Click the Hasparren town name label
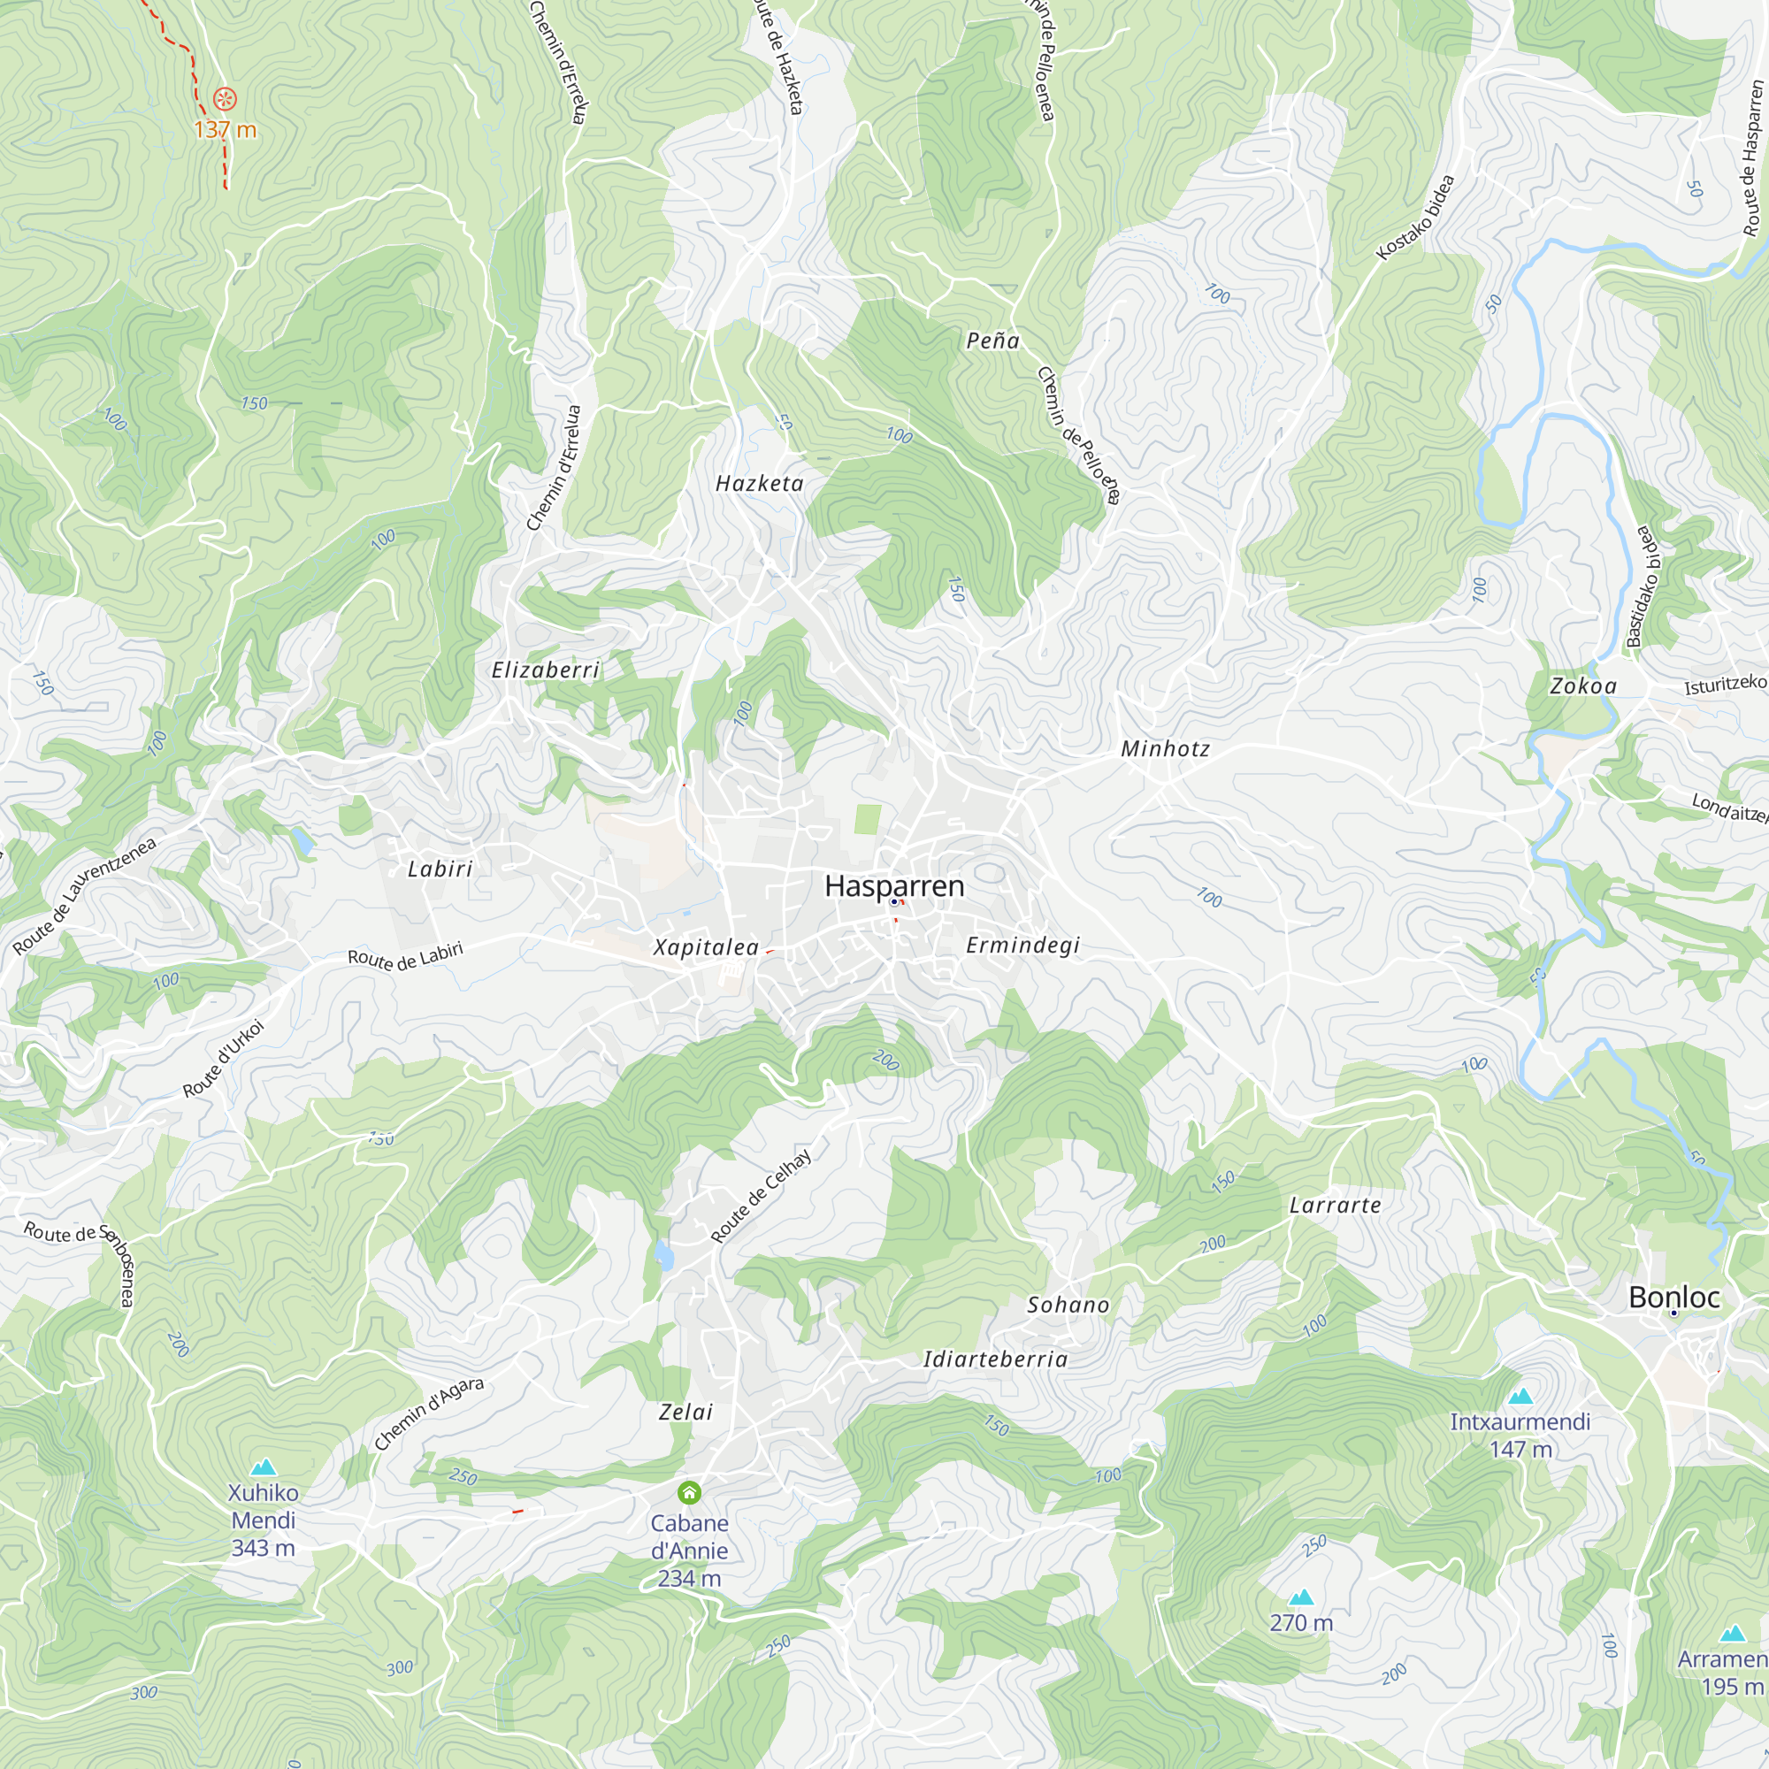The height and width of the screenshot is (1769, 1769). point(893,885)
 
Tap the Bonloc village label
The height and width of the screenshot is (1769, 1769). point(1673,1297)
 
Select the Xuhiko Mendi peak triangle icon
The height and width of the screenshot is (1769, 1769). point(263,1467)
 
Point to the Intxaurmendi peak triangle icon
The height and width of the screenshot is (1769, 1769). point(1520,1397)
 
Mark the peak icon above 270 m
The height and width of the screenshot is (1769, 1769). point(1300,1597)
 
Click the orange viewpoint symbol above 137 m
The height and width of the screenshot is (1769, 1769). point(225,99)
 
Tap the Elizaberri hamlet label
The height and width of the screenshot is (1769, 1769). point(546,670)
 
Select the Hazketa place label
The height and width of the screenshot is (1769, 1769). point(759,484)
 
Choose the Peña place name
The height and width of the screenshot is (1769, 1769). point(992,341)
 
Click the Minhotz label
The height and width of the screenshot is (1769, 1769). point(1165,749)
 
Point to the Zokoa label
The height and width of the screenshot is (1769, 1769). point(1583,685)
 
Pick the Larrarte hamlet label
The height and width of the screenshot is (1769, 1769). point(1335,1205)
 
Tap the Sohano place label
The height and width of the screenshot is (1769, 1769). point(1068,1305)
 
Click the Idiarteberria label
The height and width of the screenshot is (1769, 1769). point(995,1359)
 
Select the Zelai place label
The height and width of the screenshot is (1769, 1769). point(685,1412)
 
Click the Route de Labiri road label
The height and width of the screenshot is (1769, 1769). point(405,955)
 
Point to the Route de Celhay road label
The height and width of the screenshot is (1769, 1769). point(761,1196)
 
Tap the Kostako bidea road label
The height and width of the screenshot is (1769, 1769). point(1415,217)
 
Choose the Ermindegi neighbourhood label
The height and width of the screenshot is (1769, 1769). point(1022,945)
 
